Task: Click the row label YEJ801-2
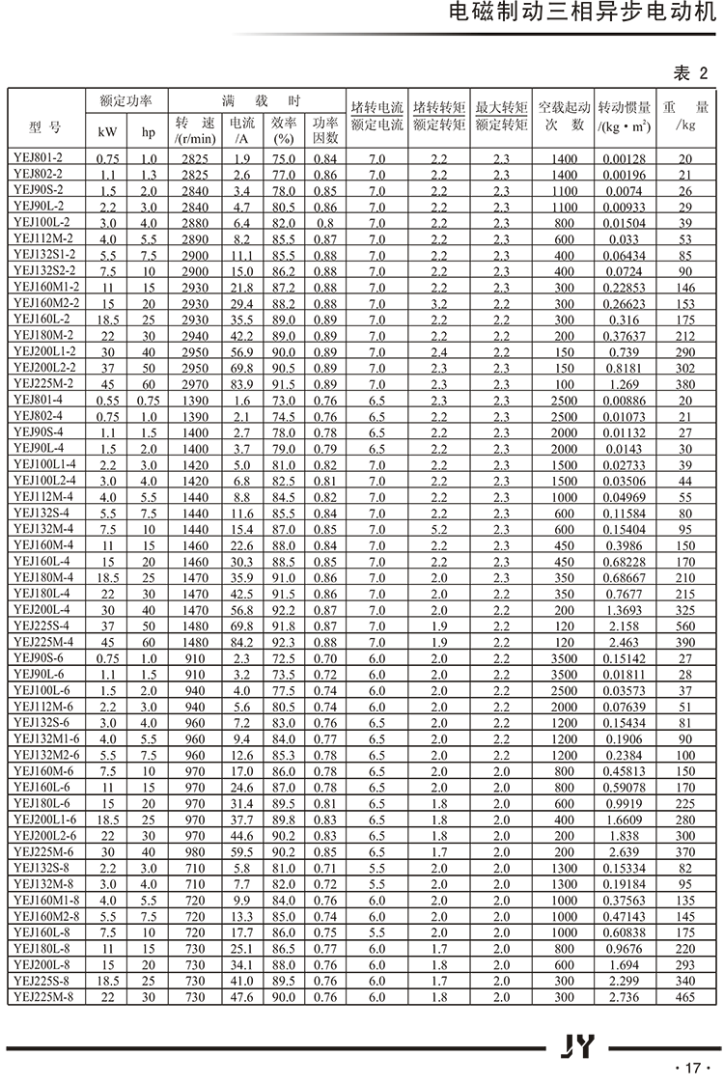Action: (x=38, y=156)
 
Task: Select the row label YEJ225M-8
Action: (x=43, y=996)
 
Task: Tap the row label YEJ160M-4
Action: (x=42, y=544)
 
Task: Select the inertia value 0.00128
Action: (x=624, y=156)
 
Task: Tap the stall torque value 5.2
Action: (x=438, y=529)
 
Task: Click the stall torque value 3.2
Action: (x=438, y=302)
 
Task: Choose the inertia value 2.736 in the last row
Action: (x=624, y=996)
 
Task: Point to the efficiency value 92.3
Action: (x=284, y=642)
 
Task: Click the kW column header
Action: (x=106, y=131)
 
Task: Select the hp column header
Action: (x=149, y=131)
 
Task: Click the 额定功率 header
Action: (x=126, y=100)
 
